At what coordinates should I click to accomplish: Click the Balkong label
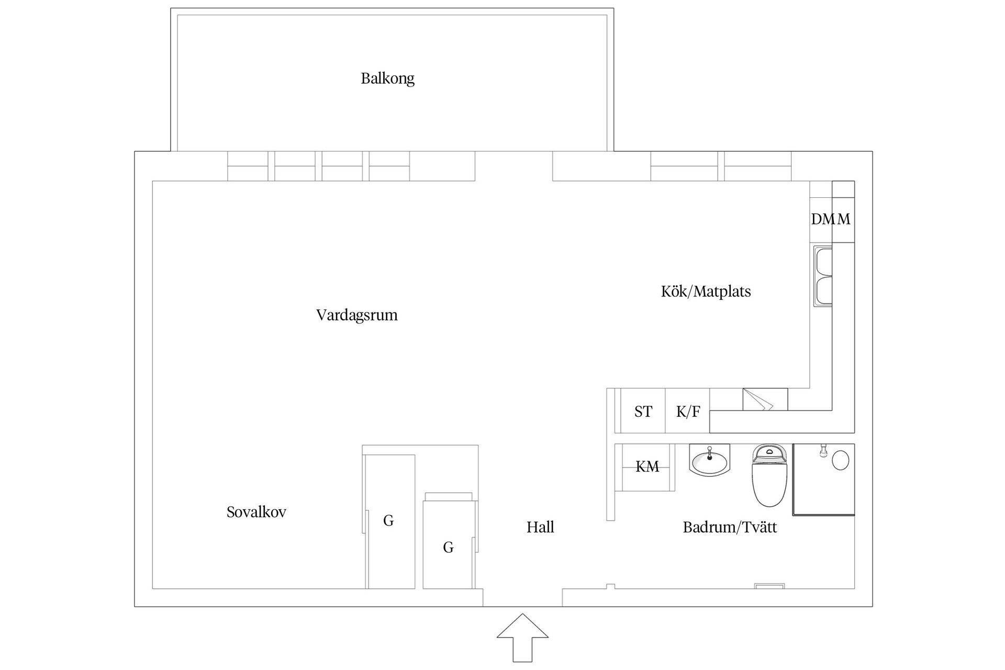click(387, 79)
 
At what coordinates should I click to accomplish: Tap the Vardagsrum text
click(356, 315)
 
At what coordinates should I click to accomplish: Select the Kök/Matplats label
click(706, 292)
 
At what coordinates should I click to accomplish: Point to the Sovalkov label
click(256, 512)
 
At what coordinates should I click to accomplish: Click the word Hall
click(540, 527)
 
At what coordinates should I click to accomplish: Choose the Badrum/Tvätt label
click(730, 527)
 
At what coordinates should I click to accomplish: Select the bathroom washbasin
click(709, 461)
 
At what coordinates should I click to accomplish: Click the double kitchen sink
click(823, 277)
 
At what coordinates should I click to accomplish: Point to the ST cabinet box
click(643, 411)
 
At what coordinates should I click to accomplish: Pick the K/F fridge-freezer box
click(687, 411)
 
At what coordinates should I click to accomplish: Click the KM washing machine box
click(647, 467)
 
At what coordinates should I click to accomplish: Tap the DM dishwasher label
click(822, 219)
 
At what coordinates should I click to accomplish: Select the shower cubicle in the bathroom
click(823, 479)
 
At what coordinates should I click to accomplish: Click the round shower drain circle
click(840, 461)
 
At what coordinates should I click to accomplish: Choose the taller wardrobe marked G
click(390, 521)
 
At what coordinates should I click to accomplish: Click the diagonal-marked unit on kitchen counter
click(765, 399)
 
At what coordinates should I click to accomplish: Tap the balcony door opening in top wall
click(513, 166)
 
